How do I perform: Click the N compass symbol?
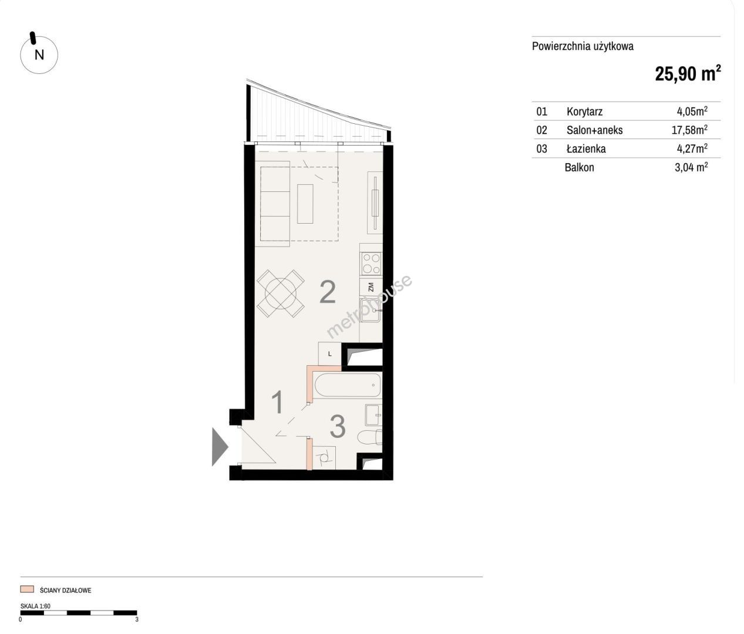click(x=39, y=55)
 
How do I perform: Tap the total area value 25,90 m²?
click(x=688, y=73)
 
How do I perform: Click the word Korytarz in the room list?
click(x=584, y=112)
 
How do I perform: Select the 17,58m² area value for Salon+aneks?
click(x=689, y=130)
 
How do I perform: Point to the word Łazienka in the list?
click(x=586, y=149)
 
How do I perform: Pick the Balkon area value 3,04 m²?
click(x=691, y=167)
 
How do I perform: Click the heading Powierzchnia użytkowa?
click(x=583, y=46)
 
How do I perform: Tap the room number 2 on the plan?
click(x=328, y=292)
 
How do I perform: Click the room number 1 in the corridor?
click(x=278, y=403)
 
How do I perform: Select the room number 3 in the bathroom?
click(x=338, y=426)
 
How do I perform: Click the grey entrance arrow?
click(x=220, y=447)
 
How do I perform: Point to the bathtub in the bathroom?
click(x=348, y=385)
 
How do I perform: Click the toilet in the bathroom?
click(x=370, y=437)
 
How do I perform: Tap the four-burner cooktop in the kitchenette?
click(x=372, y=263)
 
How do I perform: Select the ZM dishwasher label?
click(x=371, y=287)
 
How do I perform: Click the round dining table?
click(x=281, y=294)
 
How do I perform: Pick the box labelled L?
click(x=329, y=354)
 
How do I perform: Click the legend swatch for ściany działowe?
click(x=28, y=589)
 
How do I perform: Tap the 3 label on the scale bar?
click(x=137, y=619)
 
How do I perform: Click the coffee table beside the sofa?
click(x=305, y=204)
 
